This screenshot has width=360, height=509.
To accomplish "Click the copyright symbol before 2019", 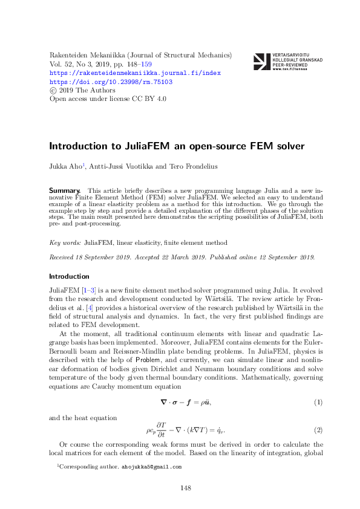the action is tap(52, 89).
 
